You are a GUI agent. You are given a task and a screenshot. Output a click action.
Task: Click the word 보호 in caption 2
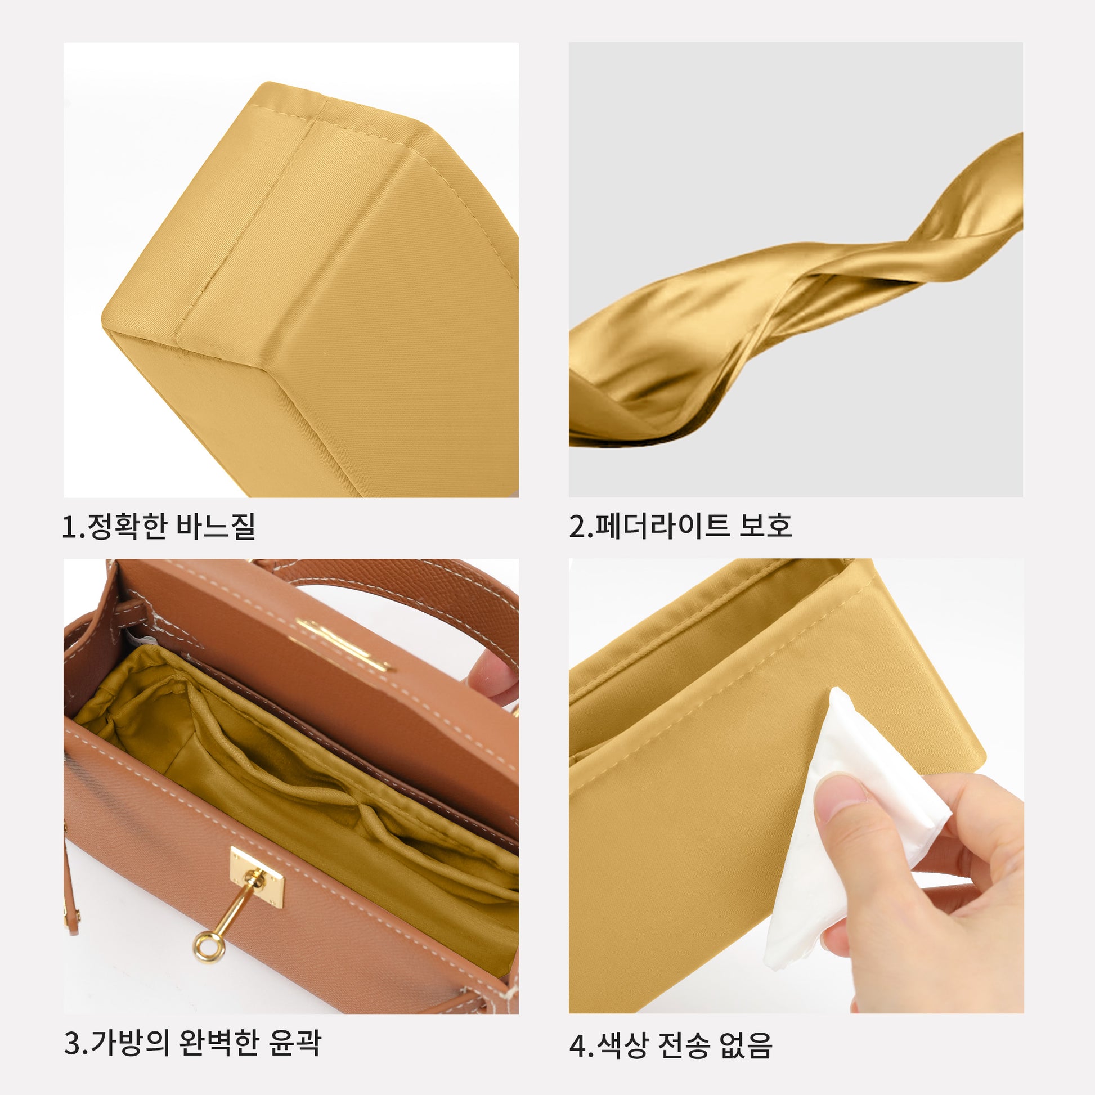point(765,526)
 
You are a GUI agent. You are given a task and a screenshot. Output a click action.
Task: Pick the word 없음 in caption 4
point(746,1044)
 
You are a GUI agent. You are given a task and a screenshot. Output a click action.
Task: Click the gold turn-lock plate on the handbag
point(256,878)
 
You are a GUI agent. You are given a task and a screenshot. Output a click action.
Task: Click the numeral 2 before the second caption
point(577,527)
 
